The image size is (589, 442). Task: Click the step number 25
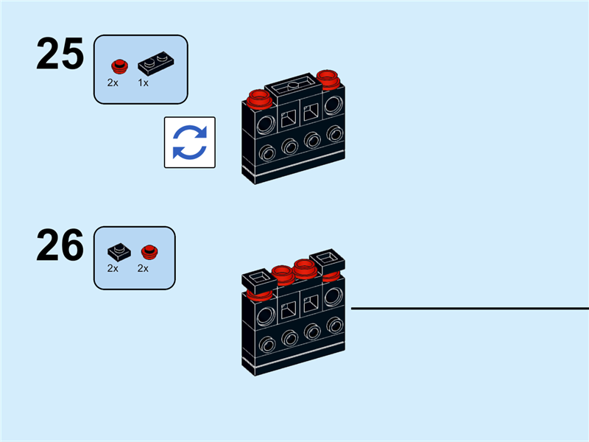tap(60, 55)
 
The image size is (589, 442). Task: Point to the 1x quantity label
tap(143, 83)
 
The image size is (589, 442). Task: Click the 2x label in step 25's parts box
tap(113, 83)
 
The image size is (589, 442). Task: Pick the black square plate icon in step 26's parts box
tap(119, 250)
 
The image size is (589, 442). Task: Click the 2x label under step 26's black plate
tap(113, 269)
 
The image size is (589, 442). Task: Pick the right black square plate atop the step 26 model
tap(328, 259)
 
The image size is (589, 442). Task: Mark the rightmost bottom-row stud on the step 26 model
tap(336, 323)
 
